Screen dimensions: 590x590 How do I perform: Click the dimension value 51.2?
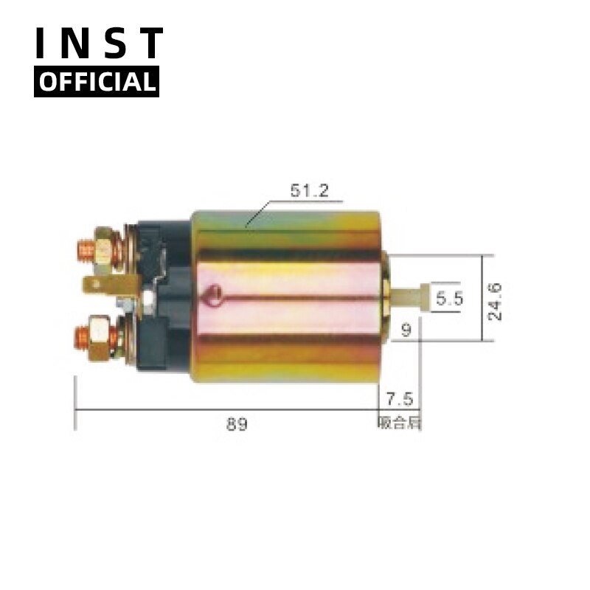308,191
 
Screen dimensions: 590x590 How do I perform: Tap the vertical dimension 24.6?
495,299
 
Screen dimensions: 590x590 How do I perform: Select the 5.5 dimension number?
448,299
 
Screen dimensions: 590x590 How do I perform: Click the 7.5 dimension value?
399,400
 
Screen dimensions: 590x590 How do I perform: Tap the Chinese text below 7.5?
399,423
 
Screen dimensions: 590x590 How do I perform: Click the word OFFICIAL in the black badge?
97,82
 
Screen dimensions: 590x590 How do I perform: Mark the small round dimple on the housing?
215,295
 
